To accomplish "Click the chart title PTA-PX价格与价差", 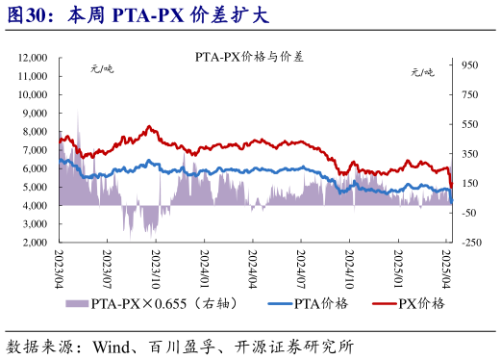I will pyautogui.click(x=249, y=57).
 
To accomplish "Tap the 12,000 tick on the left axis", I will pyautogui.click(x=33, y=59).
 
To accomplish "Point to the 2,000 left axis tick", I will pyautogui.click(x=36, y=243).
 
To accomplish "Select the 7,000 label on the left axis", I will pyautogui.click(x=36, y=150).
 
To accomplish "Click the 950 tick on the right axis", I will pyautogui.click(x=470, y=65).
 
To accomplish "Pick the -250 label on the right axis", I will pyautogui.click(x=470, y=243).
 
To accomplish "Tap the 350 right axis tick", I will pyautogui.click(x=470, y=154).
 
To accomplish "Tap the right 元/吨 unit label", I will pyautogui.click(x=423, y=72).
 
